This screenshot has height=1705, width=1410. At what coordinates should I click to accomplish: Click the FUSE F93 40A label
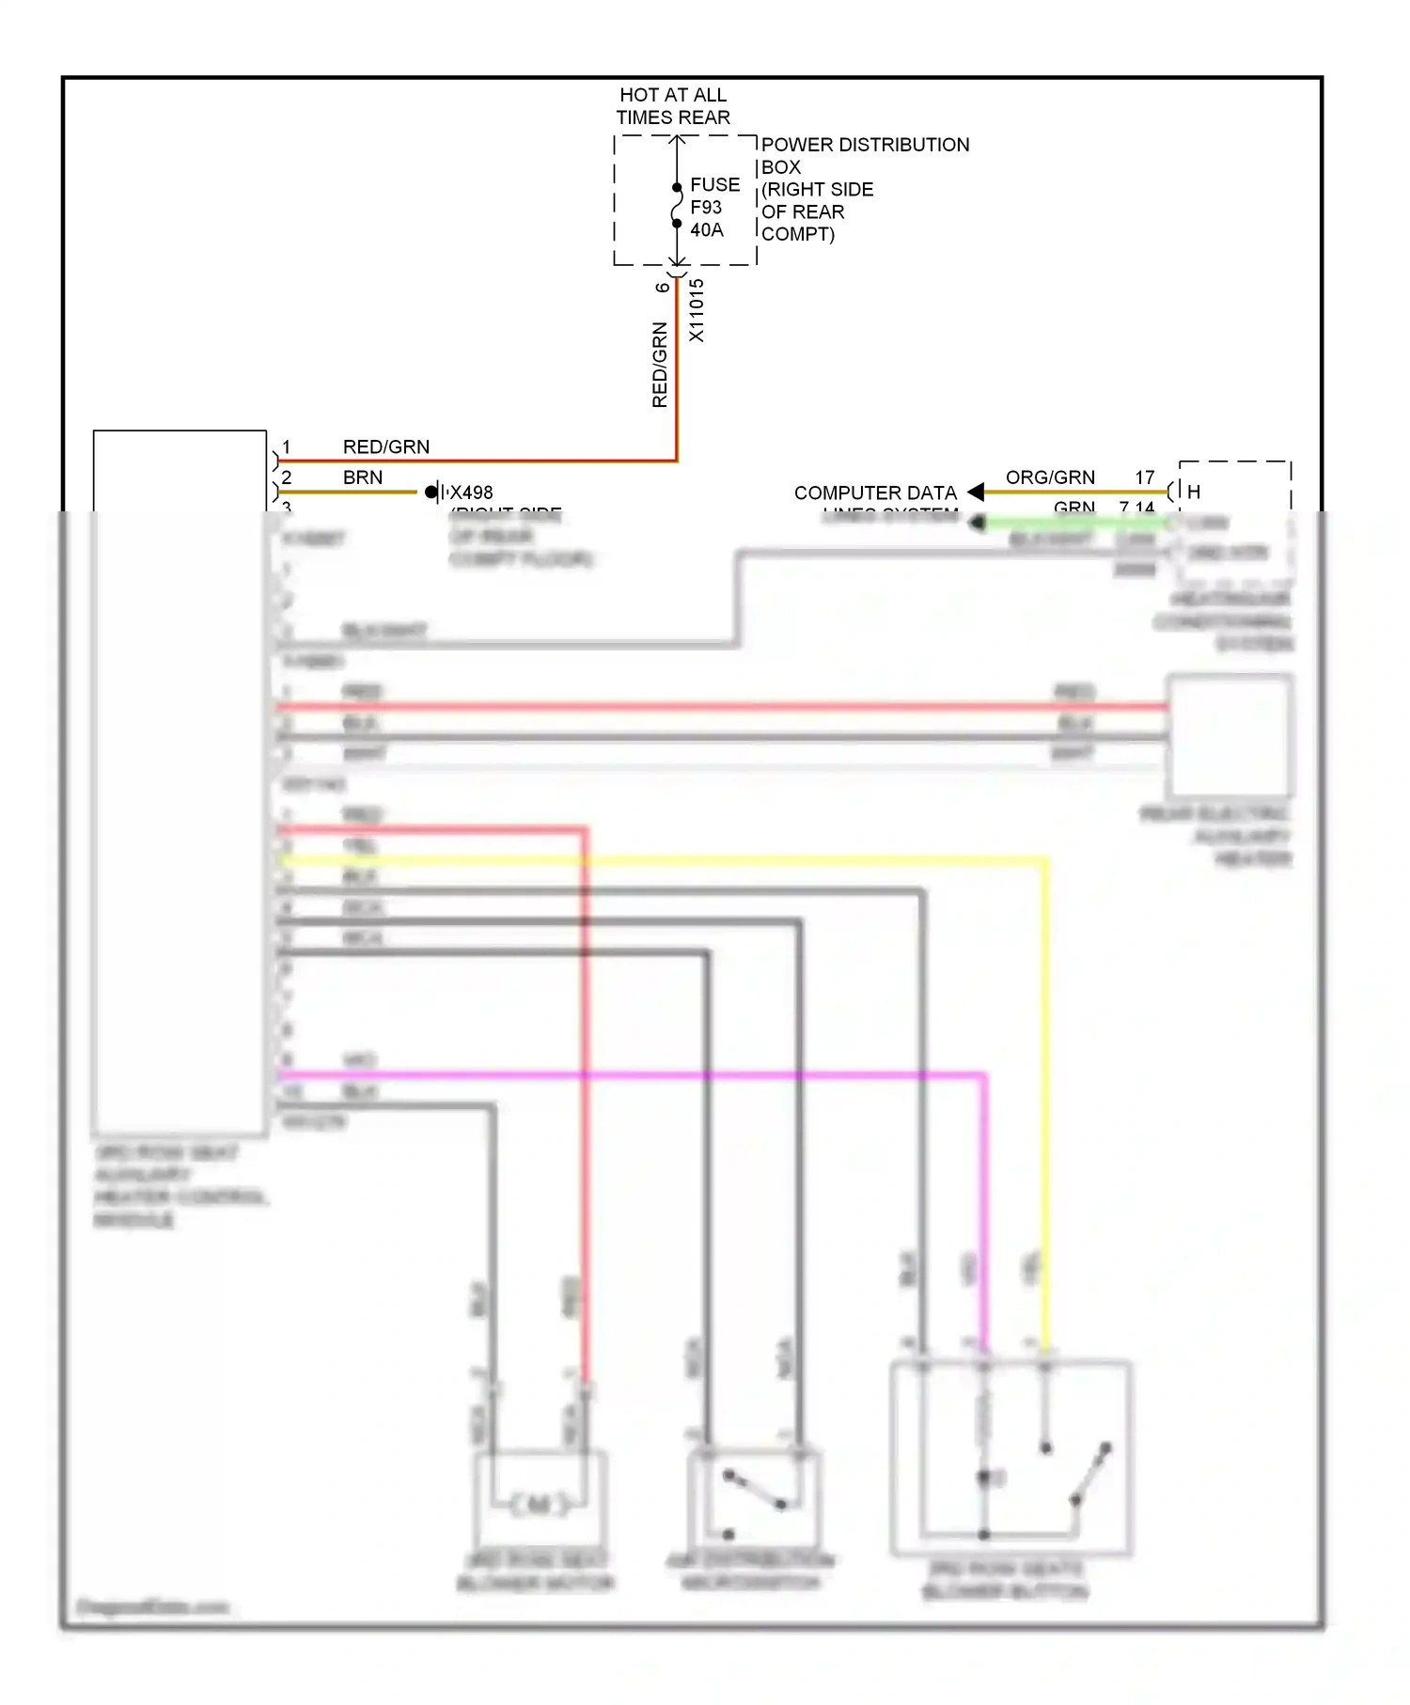714,208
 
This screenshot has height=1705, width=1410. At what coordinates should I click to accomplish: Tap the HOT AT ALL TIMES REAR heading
673,106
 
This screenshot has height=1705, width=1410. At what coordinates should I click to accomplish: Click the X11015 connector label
697,310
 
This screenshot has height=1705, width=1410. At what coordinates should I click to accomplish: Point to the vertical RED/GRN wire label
660,365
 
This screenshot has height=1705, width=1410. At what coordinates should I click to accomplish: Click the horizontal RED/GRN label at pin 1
385,447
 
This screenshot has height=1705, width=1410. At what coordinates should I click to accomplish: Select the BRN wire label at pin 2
363,477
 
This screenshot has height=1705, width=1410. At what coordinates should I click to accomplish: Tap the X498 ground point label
471,493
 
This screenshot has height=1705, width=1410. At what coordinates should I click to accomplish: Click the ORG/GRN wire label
1050,477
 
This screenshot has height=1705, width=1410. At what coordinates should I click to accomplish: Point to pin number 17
1144,477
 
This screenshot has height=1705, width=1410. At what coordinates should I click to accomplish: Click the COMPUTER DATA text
874,493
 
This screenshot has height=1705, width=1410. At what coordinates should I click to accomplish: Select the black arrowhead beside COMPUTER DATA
976,492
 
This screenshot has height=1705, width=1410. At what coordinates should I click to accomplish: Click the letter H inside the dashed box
1194,492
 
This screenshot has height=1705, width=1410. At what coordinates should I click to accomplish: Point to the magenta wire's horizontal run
630,1074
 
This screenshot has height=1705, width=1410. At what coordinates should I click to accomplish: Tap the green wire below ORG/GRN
1072,523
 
